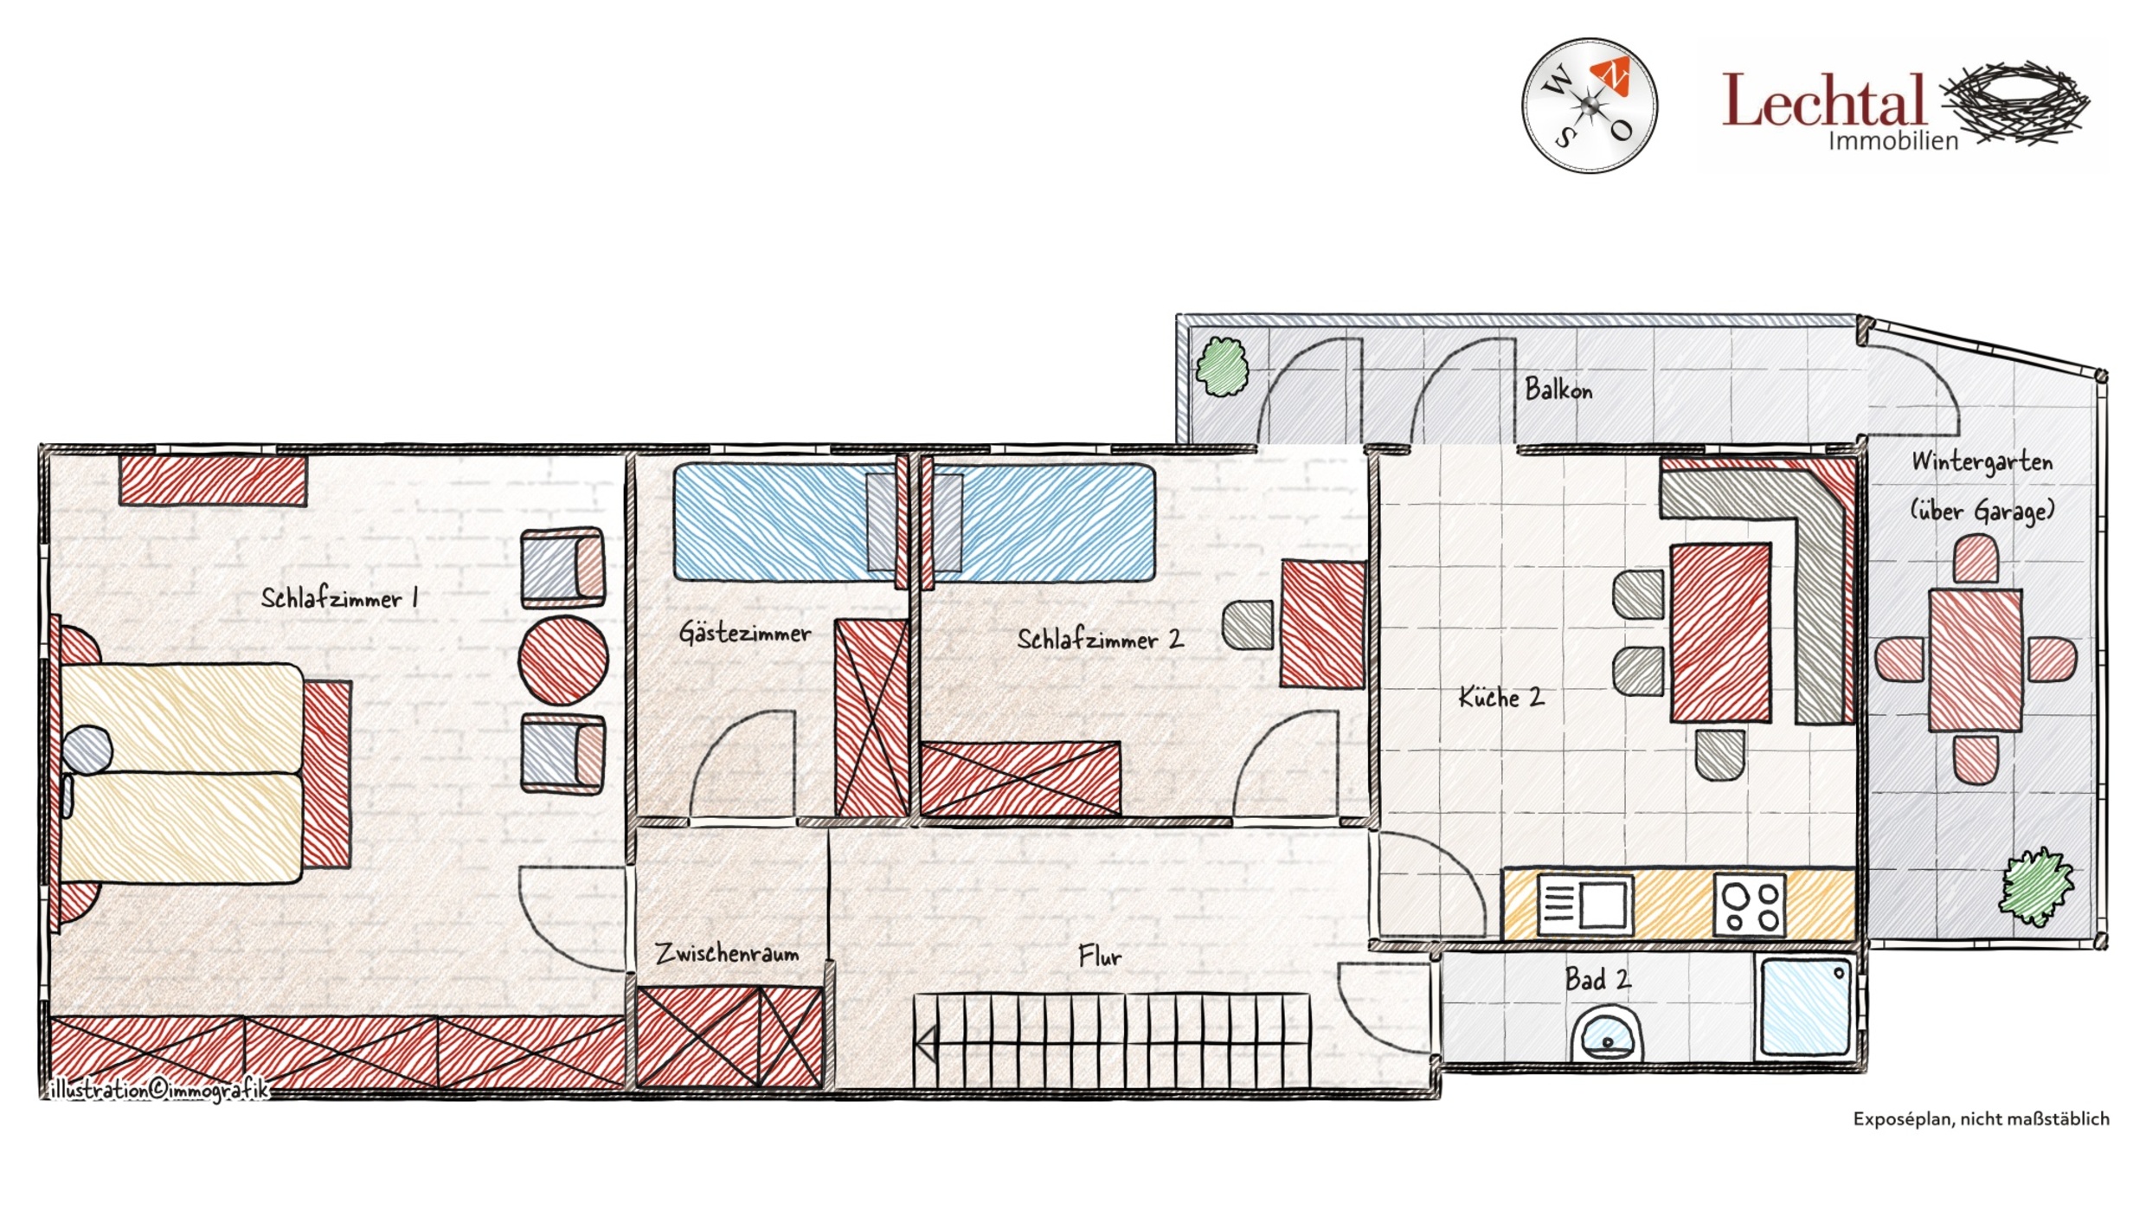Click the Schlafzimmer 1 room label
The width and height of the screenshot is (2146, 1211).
click(340, 598)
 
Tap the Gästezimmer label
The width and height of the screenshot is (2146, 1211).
click(745, 632)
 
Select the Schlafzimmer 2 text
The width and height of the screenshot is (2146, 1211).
click(1100, 640)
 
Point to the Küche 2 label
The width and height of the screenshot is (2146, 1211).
click(1501, 697)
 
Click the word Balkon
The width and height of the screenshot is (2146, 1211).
click(1558, 389)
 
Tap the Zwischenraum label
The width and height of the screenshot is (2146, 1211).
click(727, 953)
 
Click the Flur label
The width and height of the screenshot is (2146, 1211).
click(1100, 956)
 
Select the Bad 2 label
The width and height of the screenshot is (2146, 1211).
click(1597, 979)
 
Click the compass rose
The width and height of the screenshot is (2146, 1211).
click(1590, 106)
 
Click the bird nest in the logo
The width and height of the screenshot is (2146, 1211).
click(2014, 102)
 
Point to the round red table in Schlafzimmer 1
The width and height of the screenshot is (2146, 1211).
click(563, 660)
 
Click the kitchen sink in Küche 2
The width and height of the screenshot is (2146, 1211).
click(1585, 905)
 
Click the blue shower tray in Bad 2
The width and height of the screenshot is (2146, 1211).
click(1806, 1006)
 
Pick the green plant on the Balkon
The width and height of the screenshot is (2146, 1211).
click(1222, 367)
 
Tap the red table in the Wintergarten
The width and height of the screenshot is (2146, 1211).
click(1976, 660)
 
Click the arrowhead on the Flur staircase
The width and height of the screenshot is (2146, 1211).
click(926, 1044)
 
